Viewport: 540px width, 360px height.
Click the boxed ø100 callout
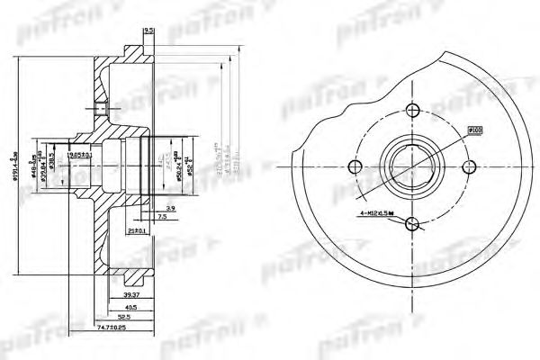pyautogui.click(x=475, y=130)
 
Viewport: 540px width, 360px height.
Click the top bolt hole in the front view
pyautogui.click(x=413, y=111)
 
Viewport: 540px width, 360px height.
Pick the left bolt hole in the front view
pyautogui.click(x=357, y=167)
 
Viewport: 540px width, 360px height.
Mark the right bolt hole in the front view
pyautogui.click(x=470, y=167)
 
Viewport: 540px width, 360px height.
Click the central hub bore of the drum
pyautogui.click(x=413, y=167)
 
